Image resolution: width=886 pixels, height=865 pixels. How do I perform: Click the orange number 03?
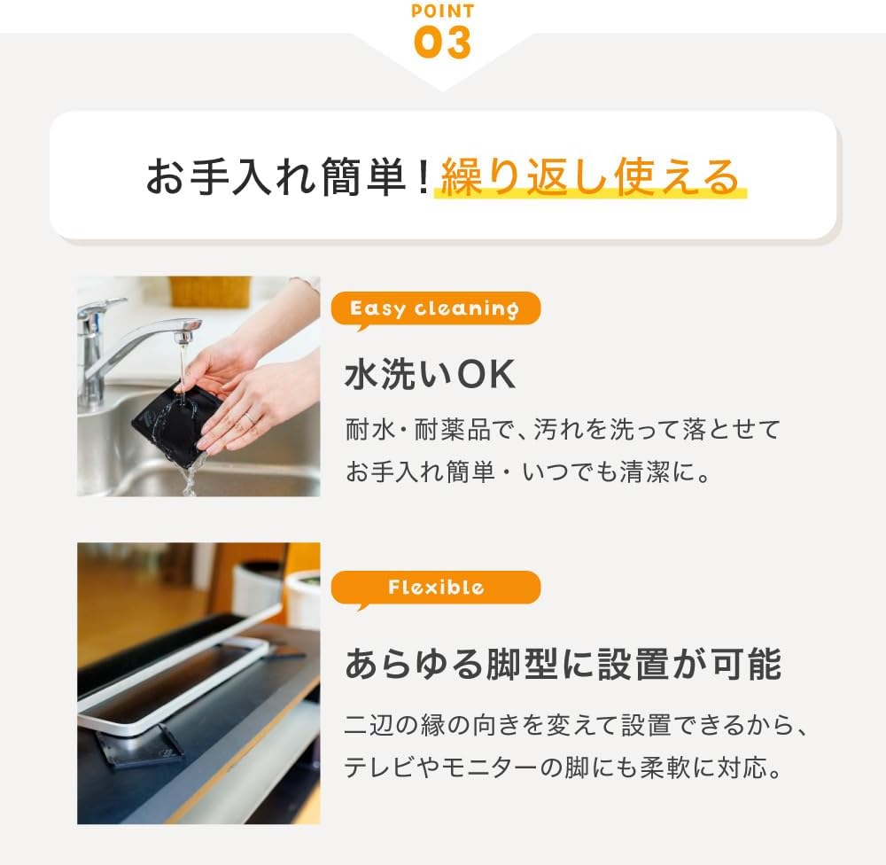tap(442, 42)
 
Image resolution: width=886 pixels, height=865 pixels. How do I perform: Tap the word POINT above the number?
tap(443, 11)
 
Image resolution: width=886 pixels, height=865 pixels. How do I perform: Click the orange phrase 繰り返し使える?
tap(590, 177)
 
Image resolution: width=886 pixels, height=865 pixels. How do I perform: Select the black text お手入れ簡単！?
tap(289, 177)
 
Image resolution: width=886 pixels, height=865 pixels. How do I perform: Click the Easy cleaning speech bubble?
tap(435, 308)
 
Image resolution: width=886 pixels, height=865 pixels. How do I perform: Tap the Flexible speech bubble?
tap(435, 588)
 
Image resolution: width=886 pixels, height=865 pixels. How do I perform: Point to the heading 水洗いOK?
tap(430, 374)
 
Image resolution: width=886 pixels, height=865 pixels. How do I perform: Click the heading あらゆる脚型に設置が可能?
tap(563, 664)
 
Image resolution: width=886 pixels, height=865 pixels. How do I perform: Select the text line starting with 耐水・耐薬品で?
tap(563, 430)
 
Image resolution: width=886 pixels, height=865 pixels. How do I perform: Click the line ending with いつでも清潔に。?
tap(529, 471)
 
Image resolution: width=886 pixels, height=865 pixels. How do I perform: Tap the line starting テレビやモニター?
tap(563, 768)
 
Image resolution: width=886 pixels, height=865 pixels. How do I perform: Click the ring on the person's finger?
tap(249, 417)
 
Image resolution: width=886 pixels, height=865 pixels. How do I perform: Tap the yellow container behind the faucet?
tap(210, 292)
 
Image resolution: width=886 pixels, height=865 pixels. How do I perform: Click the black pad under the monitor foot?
tap(138, 747)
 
